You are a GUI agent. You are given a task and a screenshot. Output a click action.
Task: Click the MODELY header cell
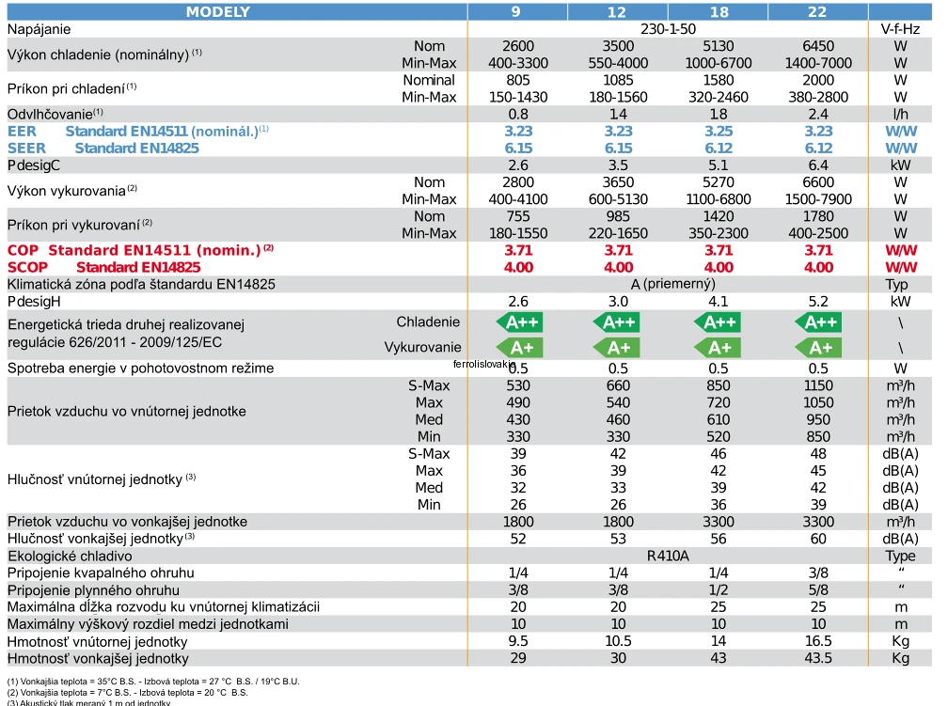coord(218,11)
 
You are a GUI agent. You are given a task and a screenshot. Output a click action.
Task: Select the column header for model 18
coord(719,11)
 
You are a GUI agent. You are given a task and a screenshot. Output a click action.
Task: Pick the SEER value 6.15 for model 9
coord(517,148)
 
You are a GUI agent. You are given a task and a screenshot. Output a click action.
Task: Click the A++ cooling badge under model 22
coord(820,322)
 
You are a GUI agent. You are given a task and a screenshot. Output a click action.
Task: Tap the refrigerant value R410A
coord(668,556)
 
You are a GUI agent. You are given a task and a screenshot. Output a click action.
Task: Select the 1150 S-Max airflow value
coord(820,385)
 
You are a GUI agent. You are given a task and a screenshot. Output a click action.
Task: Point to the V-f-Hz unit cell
coord(900,29)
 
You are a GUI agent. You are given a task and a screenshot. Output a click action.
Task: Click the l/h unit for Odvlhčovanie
coord(900,114)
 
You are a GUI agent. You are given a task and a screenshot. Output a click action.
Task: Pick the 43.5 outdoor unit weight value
coord(820,658)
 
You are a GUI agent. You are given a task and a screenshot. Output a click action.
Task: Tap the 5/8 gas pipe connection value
coord(820,589)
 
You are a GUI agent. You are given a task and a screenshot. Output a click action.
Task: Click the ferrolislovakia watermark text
coord(483,363)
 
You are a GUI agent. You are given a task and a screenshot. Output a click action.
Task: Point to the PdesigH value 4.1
coord(719,302)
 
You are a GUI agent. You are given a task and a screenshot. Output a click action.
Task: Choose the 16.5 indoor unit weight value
coord(820,641)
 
